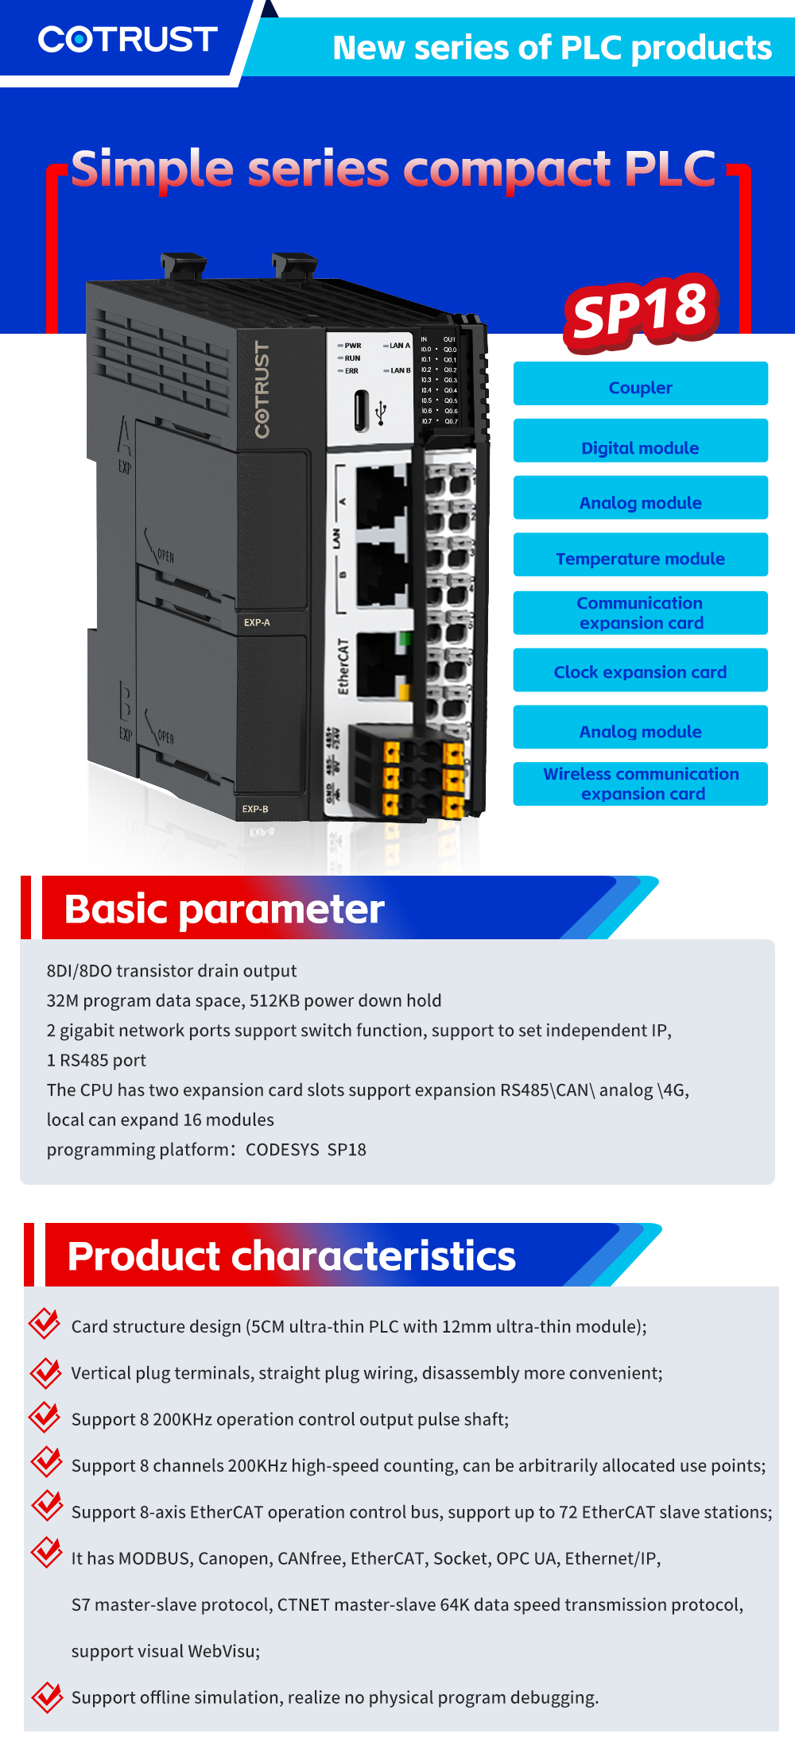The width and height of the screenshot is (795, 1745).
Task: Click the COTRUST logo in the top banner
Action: coord(127,39)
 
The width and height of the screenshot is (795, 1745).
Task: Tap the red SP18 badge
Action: coord(641,311)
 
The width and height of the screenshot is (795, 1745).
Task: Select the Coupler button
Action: coord(640,387)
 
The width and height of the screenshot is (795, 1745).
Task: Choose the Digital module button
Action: coord(640,447)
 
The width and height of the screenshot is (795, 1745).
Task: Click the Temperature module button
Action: coord(640,558)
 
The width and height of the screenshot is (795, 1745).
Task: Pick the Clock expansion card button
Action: coord(640,671)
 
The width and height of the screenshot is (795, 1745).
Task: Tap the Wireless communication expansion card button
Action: coord(640,784)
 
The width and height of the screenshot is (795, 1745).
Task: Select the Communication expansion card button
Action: coord(640,613)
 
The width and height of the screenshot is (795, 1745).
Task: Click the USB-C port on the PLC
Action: coord(363,410)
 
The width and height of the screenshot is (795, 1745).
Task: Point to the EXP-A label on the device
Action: coord(257,622)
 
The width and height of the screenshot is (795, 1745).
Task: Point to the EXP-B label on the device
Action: coord(255,809)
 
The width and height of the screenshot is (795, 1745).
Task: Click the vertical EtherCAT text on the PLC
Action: coord(343,666)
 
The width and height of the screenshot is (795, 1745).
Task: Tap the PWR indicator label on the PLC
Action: coord(352,346)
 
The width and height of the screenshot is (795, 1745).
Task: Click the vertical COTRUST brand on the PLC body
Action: coord(262,389)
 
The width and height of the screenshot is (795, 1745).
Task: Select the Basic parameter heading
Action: coord(224,909)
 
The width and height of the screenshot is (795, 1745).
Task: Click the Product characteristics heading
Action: coord(291,1256)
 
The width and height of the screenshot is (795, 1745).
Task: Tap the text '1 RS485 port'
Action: coord(96,1060)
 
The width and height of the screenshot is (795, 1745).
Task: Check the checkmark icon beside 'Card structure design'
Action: coord(45,1323)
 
